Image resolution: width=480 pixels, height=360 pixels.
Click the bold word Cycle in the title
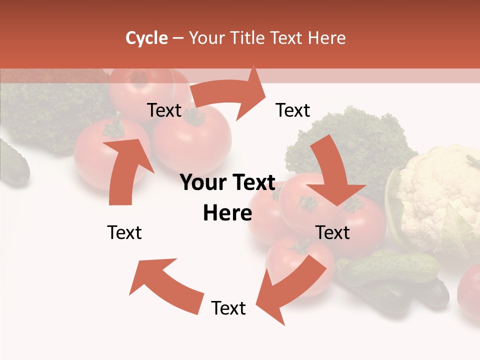146,38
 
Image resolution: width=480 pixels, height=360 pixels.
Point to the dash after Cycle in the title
178,38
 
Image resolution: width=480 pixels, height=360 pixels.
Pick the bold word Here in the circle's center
227,213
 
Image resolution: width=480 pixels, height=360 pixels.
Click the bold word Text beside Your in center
253,183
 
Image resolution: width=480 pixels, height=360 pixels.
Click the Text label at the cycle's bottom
228,308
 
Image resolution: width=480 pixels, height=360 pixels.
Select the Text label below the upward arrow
124,232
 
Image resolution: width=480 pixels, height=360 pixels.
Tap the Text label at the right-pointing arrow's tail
164,110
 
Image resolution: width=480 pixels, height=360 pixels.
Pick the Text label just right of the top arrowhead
293,110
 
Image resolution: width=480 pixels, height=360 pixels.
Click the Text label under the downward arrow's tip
333,232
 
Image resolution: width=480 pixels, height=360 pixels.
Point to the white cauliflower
437,195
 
